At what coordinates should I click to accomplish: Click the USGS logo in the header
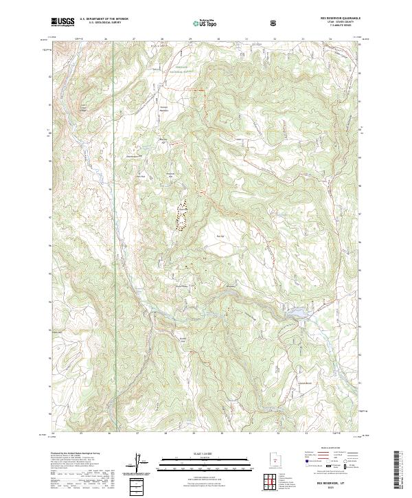[x=64, y=22]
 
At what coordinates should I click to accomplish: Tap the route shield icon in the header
[x=275, y=23]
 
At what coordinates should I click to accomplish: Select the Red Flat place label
[x=220, y=237]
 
